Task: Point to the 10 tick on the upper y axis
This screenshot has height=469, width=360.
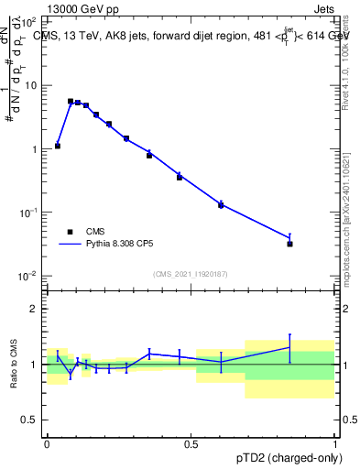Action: (32, 85)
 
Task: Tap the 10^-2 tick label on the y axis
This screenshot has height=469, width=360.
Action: (28, 276)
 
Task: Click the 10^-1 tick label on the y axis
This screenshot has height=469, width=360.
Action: (28, 213)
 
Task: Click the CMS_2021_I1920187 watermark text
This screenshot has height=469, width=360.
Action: (191, 274)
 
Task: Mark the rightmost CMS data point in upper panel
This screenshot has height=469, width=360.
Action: (290, 244)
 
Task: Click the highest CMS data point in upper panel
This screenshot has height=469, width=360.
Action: (71, 102)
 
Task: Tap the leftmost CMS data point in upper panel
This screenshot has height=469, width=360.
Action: (58, 146)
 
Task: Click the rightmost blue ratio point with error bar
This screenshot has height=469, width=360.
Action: (290, 347)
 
